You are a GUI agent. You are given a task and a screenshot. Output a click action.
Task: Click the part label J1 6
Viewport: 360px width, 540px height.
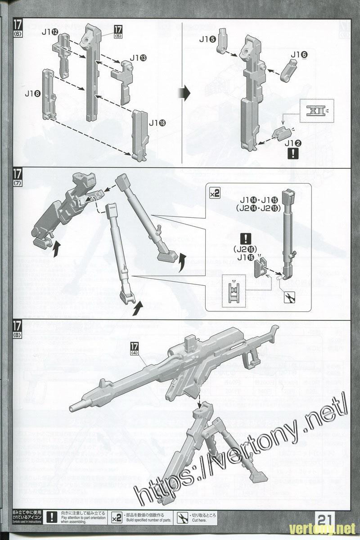299,55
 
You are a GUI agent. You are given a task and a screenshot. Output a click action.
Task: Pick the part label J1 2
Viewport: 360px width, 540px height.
292,143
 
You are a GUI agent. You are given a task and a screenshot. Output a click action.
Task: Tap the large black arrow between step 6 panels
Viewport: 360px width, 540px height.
185,94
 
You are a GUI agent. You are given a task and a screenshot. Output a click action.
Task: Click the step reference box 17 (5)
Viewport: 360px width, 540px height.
118,31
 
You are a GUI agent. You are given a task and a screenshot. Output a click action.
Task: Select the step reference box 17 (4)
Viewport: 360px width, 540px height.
135,349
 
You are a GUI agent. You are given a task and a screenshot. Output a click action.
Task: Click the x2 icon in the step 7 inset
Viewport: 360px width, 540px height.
215,193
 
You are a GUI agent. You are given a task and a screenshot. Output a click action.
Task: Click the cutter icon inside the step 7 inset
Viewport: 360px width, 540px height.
287,297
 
